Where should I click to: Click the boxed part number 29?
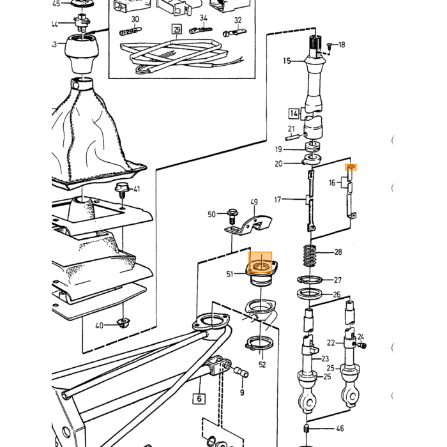click(x=177, y=29)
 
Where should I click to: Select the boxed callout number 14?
click(x=294, y=114)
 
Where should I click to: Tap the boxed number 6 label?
click(x=199, y=398)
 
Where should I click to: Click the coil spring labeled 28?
click(x=310, y=255)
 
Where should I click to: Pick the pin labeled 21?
click(x=292, y=137)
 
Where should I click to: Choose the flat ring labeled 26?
click(x=309, y=294)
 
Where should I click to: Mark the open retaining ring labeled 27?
click(x=310, y=280)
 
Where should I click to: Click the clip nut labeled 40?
click(x=123, y=323)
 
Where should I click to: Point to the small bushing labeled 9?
click(x=241, y=372)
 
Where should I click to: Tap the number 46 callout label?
click(x=340, y=428)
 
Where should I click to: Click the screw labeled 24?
click(x=363, y=345)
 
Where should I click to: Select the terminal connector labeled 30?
click(x=130, y=31)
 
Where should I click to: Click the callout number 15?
click(x=287, y=61)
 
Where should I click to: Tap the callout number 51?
click(x=230, y=274)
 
